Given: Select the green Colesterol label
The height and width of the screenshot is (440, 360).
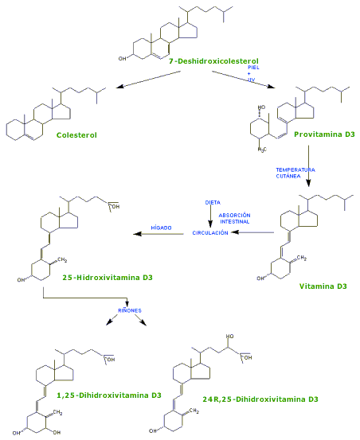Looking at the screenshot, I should click(76, 134).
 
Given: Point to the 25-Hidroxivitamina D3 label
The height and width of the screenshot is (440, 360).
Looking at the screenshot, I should click(108, 278).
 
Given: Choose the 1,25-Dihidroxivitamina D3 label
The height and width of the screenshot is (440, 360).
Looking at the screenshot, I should click(115, 395).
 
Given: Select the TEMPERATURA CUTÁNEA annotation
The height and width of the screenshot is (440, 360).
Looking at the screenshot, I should click(295, 173).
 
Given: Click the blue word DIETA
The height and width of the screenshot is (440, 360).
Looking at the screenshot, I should click(212, 202).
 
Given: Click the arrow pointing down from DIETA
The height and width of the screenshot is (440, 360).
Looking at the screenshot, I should click(211, 216).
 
